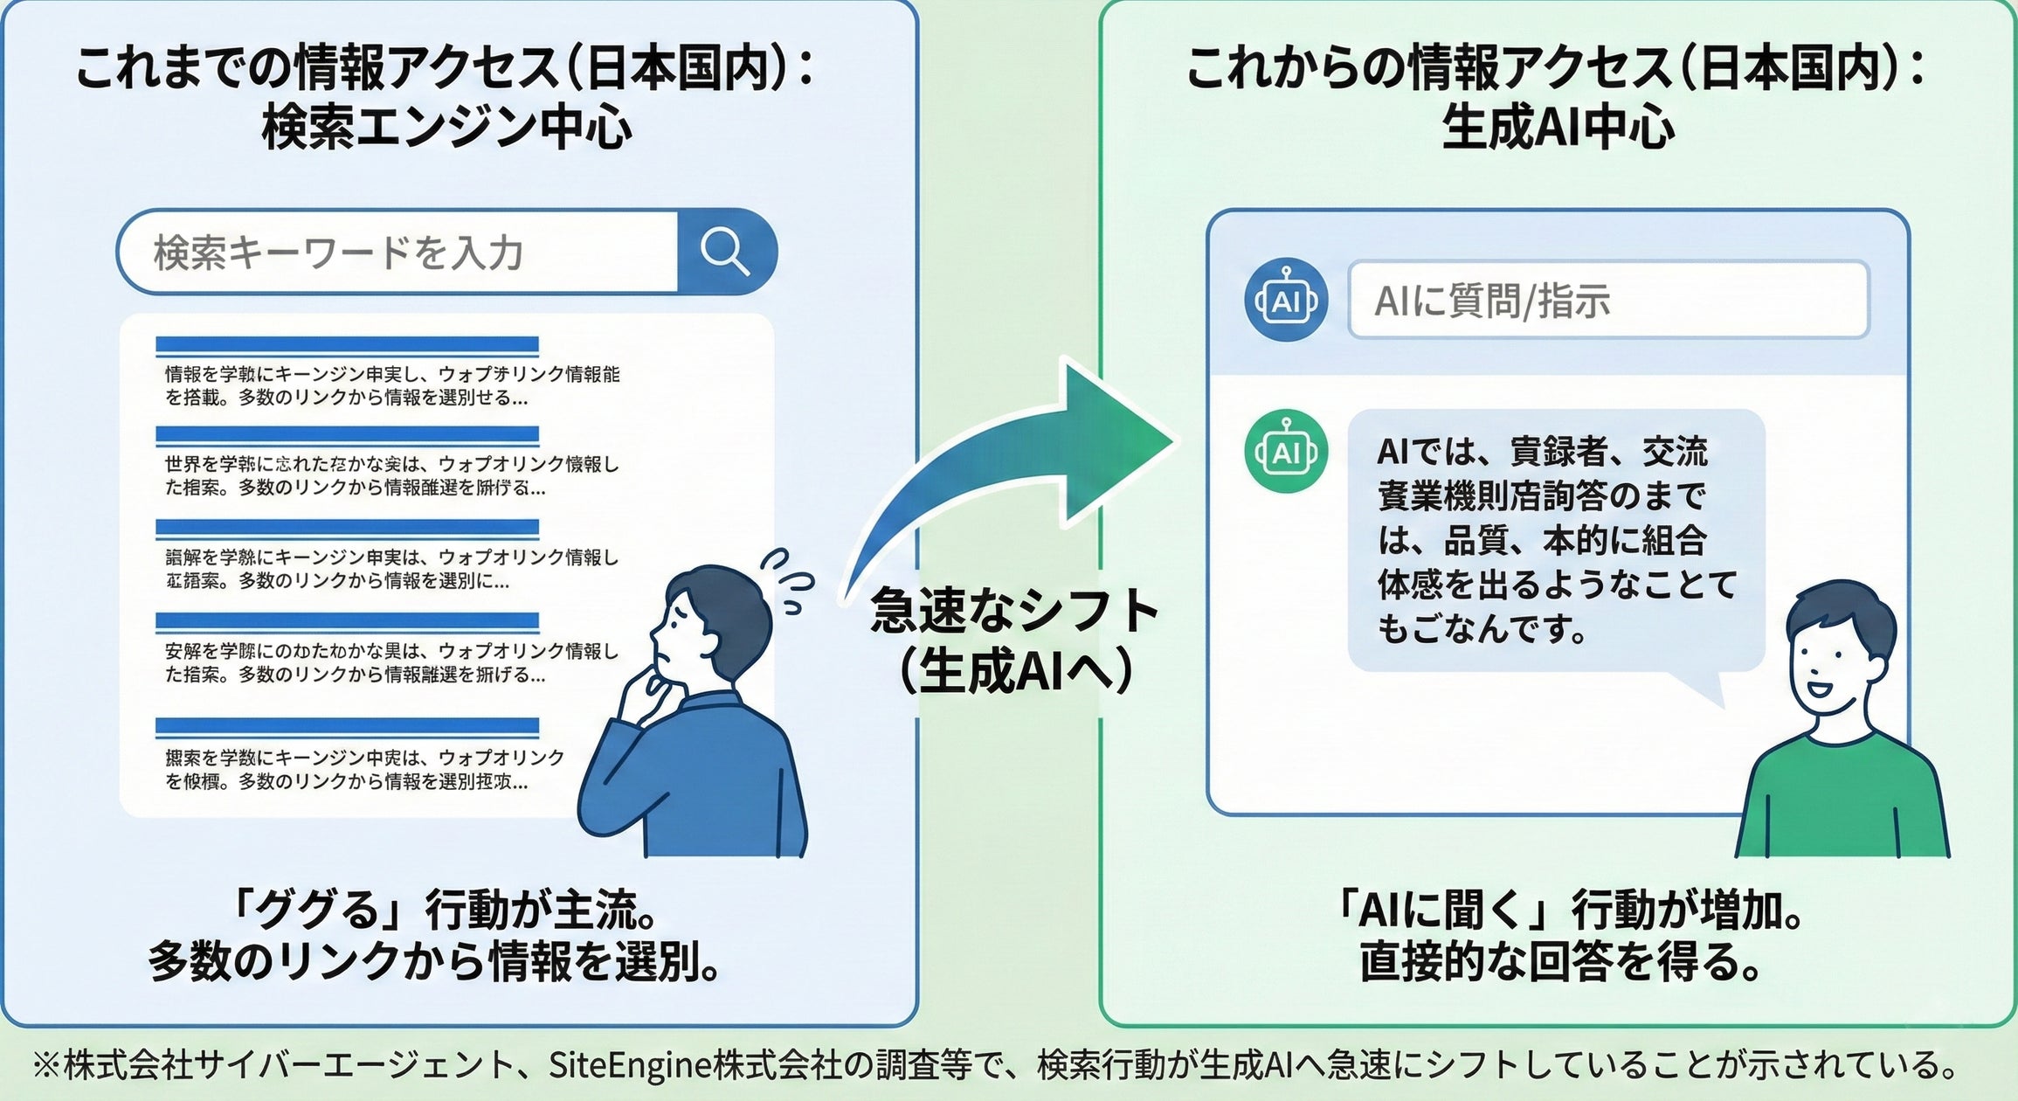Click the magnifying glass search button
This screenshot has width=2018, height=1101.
click(725, 252)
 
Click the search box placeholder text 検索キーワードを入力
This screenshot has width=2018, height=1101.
click(339, 253)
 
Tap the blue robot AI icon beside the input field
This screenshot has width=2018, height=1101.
click(1286, 300)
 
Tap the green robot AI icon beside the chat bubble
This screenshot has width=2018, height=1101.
click(1286, 452)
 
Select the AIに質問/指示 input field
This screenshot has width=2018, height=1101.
click(1607, 300)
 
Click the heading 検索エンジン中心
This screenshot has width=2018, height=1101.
click(446, 128)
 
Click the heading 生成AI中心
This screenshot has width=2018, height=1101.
click(1558, 128)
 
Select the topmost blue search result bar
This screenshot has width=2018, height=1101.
click(347, 345)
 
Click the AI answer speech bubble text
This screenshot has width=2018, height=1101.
click(1555, 540)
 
